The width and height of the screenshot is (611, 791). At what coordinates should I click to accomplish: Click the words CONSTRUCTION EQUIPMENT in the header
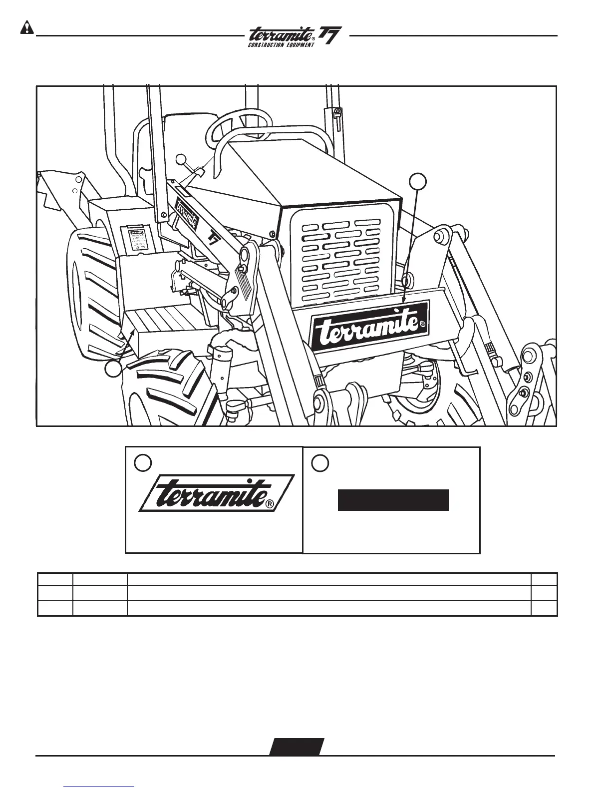point(281,45)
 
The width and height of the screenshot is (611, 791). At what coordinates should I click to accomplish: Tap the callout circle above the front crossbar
point(418,182)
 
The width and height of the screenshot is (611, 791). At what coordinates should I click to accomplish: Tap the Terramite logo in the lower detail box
point(216,493)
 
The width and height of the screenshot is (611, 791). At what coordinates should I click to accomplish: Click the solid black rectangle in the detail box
point(393,500)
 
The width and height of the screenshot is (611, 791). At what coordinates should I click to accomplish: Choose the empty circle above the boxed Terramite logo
point(143,463)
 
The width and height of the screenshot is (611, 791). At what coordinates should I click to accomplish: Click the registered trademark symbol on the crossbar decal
point(422,324)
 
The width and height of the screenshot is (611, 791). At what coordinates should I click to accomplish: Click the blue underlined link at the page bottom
point(99,786)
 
